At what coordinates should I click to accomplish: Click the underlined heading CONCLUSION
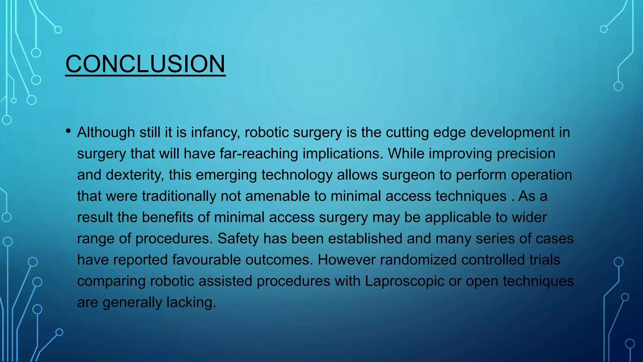145,64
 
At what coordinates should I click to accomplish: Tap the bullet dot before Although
68,131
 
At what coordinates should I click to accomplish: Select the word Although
106,133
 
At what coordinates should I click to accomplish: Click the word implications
343,154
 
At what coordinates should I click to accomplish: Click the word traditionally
179,196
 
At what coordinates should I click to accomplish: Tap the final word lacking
191,302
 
